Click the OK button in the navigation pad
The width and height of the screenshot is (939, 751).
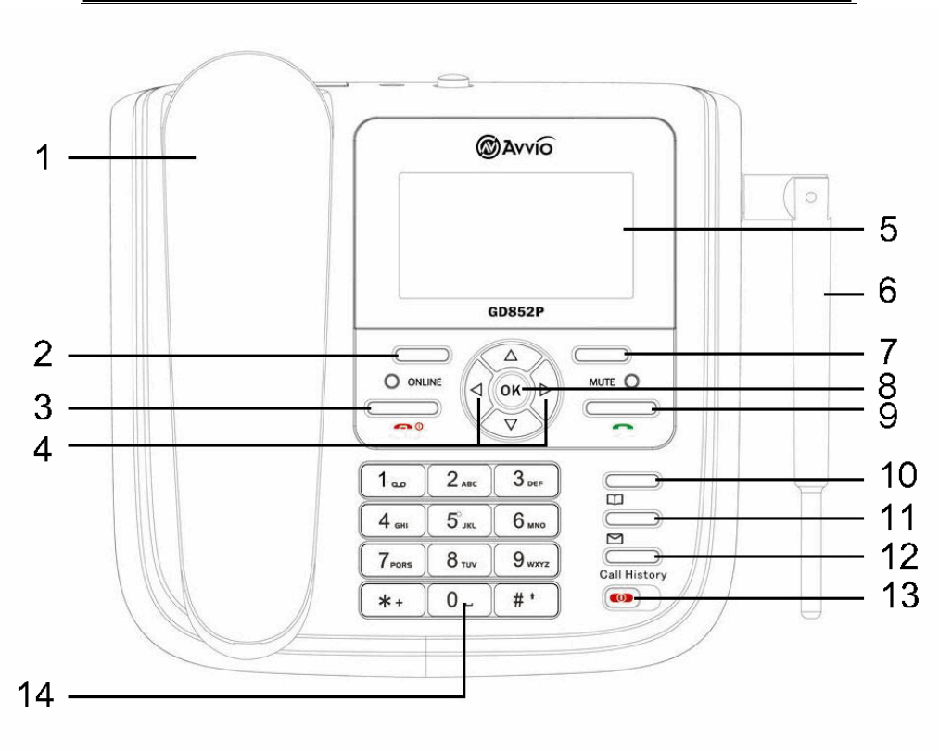coord(510,390)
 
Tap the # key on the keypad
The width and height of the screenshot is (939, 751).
coord(526,600)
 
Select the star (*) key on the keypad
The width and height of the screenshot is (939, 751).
coord(391,600)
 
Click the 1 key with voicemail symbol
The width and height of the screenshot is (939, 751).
coord(391,480)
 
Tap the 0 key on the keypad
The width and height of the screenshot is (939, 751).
coord(459,600)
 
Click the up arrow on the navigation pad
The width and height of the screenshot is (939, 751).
coord(510,356)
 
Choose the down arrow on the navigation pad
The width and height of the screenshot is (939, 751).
coord(510,425)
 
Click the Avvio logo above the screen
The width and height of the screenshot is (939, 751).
coord(516,145)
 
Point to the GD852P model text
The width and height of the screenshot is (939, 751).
coord(515,312)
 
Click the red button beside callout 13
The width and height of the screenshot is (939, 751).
coord(621,598)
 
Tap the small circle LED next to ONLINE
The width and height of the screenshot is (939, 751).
coord(392,382)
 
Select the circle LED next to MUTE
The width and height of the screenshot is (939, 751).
coord(632,381)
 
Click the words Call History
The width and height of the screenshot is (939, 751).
coord(632,575)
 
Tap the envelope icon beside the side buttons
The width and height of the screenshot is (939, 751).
coord(613,538)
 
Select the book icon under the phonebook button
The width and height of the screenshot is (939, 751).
coord(614,499)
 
